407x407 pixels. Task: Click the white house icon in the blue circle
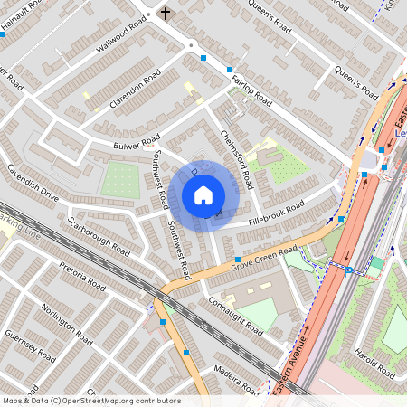tap(203, 195)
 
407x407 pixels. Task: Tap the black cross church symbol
tap(166, 14)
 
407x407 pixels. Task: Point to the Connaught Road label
tap(234, 314)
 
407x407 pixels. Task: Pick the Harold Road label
tap(375, 362)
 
